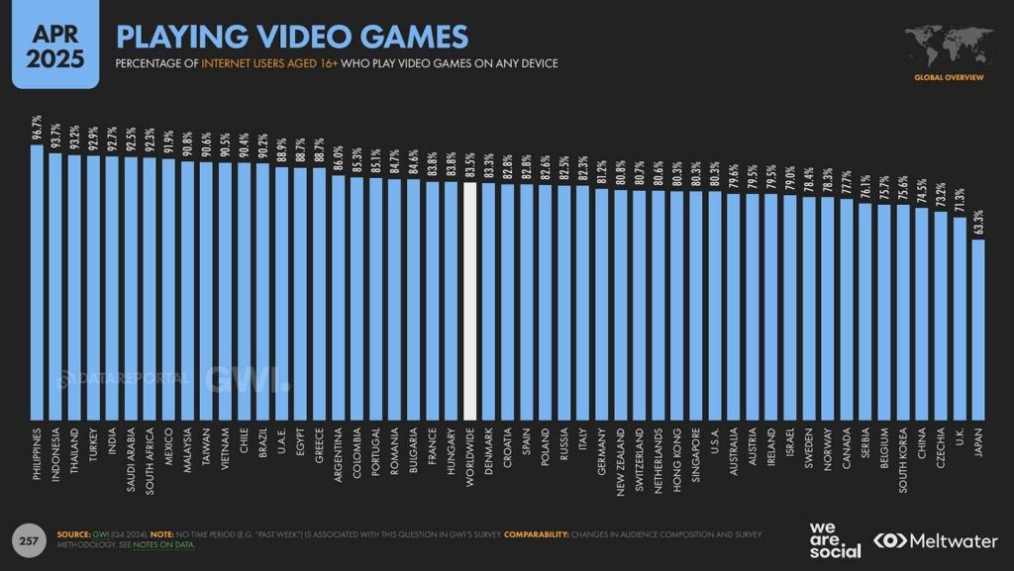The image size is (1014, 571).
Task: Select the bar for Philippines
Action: [x=37, y=282]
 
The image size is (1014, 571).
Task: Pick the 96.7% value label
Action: [x=37, y=130]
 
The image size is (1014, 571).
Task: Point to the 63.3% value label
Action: [x=978, y=223]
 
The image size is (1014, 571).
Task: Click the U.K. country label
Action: [x=960, y=440]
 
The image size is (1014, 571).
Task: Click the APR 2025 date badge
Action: [x=55, y=47]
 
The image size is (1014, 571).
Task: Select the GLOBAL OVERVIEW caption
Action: [x=949, y=77]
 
